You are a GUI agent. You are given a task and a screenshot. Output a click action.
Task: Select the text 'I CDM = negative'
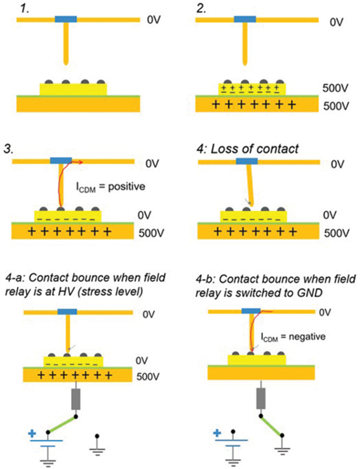pyautogui.click(x=293, y=336)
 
